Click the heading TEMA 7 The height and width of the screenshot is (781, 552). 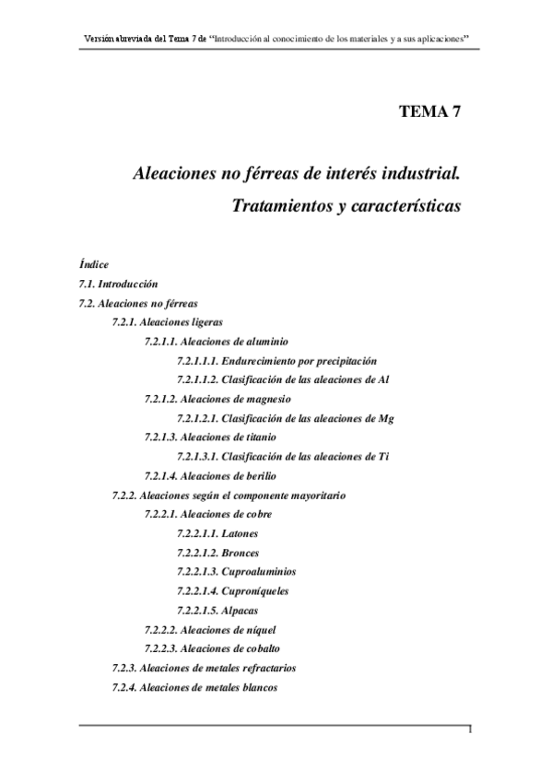coord(429,112)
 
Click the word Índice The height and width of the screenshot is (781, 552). coord(94,264)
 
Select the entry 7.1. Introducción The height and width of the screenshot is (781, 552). coord(119,284)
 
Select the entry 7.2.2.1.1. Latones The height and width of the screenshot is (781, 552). coord(217,533)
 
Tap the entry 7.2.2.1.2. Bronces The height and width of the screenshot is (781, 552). coord(217,553)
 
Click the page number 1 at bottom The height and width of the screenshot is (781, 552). coord(470,730)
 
